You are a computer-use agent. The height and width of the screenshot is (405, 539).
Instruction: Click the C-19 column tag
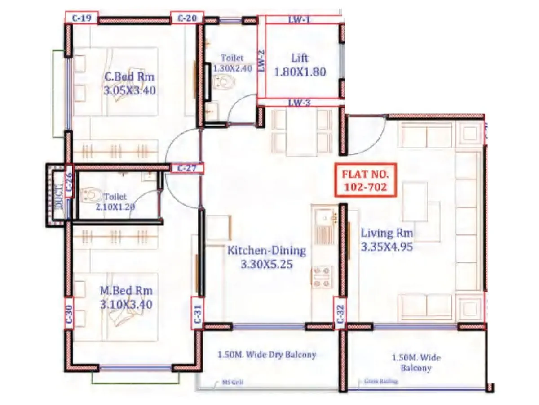click(x=81, y=18)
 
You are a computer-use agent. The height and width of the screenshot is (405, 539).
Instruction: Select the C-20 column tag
click(x=187, y=18)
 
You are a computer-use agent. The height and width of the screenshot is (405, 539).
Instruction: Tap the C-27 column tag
click(x=188, y=169)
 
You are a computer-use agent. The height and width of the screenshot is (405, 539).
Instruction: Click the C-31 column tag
click(x=198, y=314)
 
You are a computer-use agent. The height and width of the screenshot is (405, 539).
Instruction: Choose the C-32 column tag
click(x=340, y=314)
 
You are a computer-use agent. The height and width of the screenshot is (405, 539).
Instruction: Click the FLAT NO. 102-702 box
click(x=366, y=180)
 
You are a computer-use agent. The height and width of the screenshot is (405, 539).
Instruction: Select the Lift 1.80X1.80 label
click(x=300, y=65)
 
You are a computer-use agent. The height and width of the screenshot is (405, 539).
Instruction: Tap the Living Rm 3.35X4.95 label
click(x=387, y=240)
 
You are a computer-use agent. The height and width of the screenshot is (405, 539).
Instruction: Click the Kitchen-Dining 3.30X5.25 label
click(x=266, y=257)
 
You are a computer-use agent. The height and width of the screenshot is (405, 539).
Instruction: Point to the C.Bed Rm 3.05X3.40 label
click(x=129, y=83)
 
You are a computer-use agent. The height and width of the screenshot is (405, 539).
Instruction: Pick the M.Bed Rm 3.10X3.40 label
click(x=126, y=297)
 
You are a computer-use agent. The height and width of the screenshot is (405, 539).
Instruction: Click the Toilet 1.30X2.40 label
click(x=232, y=63)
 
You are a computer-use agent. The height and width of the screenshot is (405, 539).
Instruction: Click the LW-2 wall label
click(x=261, y=60)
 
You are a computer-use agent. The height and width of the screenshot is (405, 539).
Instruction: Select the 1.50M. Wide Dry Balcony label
click(x=267, y=355)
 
